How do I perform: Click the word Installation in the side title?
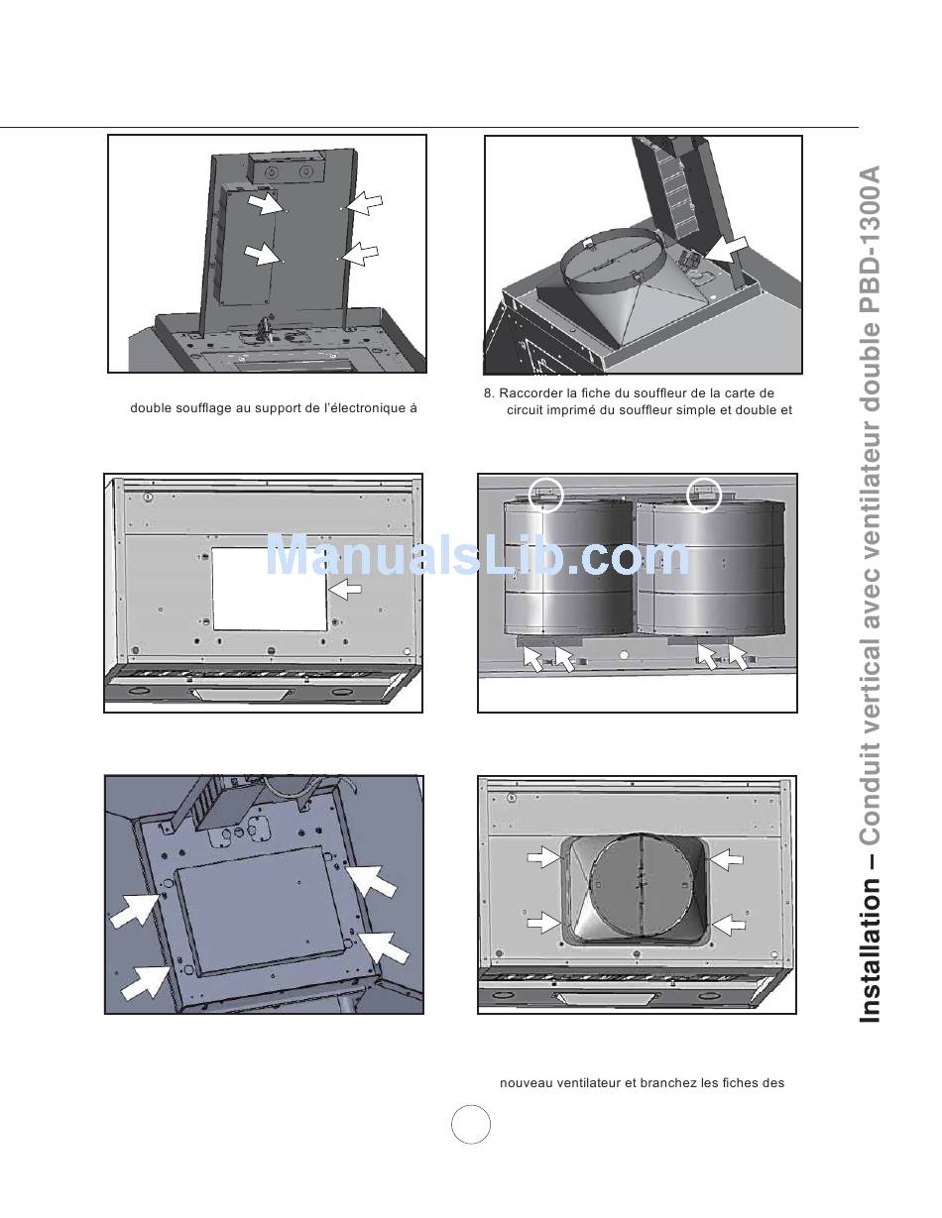[x=871, y=950]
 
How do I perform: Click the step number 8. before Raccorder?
[x=490, y=393]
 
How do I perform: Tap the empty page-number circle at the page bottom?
[x=471, y=1125]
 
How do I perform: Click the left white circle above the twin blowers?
[x=545, y=495]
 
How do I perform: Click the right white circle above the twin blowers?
[x=704, y=495]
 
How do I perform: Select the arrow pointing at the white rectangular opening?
[x=345, y=589]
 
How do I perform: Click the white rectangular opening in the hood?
[x=269, y=589]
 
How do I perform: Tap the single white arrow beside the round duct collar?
[x=727, y=249]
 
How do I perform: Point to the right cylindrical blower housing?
[x=711, y=570]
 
